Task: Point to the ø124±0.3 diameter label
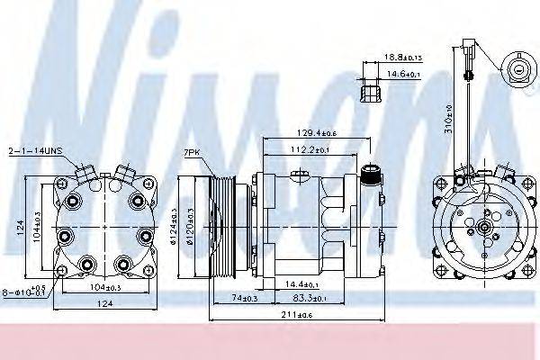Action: (170, 225)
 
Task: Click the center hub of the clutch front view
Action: (485, 228)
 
